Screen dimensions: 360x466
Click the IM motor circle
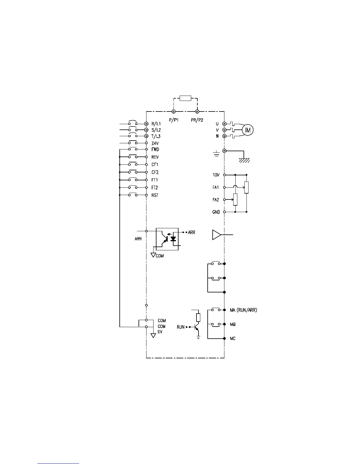248,130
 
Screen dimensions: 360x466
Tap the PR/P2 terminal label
197,120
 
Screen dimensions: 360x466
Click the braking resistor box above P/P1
185,98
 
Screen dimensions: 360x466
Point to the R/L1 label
156,124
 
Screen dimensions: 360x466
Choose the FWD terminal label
155,149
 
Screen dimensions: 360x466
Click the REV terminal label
155,157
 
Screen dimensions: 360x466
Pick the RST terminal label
155,195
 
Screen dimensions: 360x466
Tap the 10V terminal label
216,175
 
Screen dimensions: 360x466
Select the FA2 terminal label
216,200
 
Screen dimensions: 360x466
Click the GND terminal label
216,212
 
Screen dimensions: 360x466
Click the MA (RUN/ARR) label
243,310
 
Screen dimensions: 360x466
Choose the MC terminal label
232,339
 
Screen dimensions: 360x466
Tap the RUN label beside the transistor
181,327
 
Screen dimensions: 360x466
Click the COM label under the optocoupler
160,256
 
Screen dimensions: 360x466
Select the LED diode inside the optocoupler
173,239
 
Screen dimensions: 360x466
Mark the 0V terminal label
160,332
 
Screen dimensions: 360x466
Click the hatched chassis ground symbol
244,160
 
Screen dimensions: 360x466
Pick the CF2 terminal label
155,172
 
